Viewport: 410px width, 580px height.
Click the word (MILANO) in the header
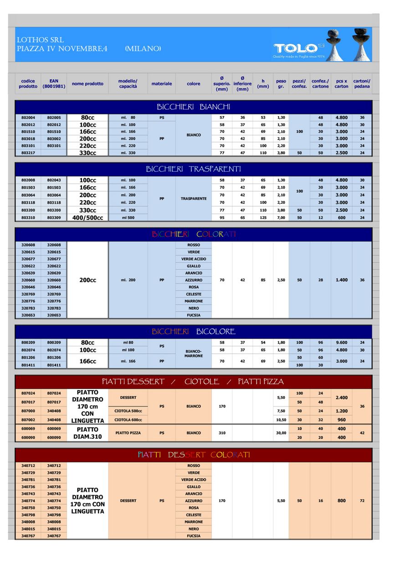pyautogui.click(x=143, y=48)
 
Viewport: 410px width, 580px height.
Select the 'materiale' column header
pyautogui.click(x=162, y=84)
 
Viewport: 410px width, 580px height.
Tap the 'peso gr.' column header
pyautogui.click(x=281, y=84)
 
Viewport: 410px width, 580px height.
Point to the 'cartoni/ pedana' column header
pyautogui.click(x=362, y=84)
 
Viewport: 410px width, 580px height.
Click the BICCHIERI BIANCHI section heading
pyautogui.click(x=193, y=107)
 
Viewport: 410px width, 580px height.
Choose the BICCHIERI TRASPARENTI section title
pyautogui.click(x=193, y=169)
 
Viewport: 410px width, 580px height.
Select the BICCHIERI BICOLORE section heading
pyautogui.click(x=193, y=331)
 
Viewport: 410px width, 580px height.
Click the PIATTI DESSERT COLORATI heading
pyautogui.click(x=193, y=455)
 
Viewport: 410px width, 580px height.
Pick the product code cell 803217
pyautogui.click(x=28, y=153)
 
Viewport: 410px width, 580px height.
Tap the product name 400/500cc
pyautogui.click(x=87, y=218)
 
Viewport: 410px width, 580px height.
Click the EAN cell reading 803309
pyautogui.click(x=54, y=218)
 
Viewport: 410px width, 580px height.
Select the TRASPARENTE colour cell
pyautogui.click(x=194, y=198)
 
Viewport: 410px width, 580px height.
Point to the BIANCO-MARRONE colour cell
pyautogui.click(x=194, y=353)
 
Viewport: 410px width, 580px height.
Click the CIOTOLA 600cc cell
pyautogui.click(x=128, y=420)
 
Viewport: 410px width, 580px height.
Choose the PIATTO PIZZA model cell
pyautogui.click(x=128, y=433)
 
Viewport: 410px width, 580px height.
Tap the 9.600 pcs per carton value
pyautogui.click(x=342, y=343)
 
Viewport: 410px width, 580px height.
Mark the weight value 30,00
pyautogui.click(x=281, y=433)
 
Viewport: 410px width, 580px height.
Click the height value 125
pyautogui.click(x=263, y=218)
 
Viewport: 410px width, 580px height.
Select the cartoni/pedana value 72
pyautogui.click(x=362, y=501)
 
